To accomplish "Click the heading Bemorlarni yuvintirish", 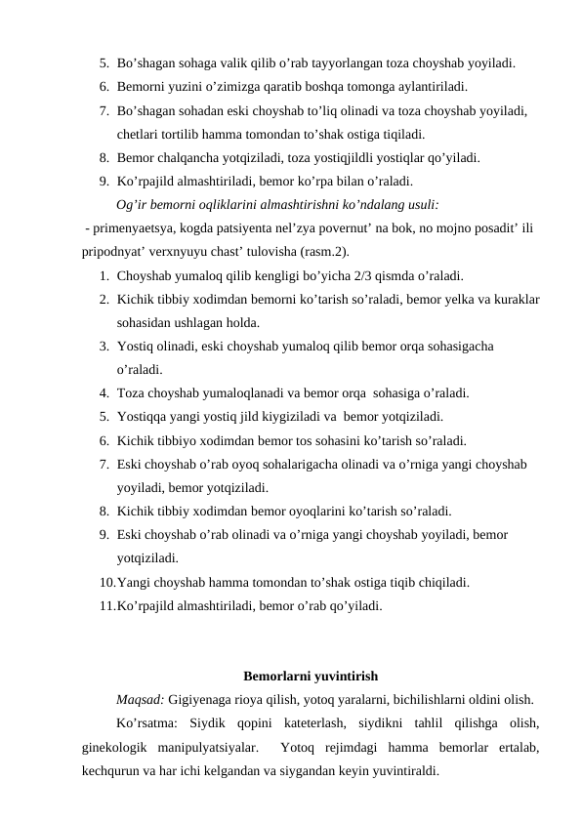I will (311, 676).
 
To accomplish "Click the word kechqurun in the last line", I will (111, 773).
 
